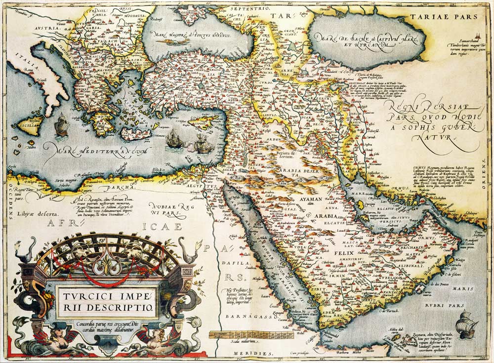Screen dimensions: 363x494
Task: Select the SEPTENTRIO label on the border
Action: coord(237,9)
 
